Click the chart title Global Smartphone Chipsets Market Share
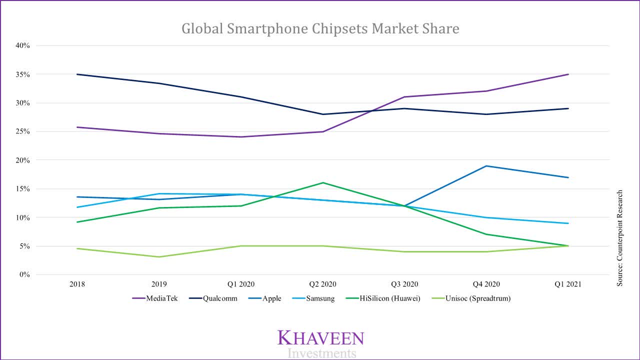(x=320, y=28)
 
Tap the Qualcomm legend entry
(x=220, y=298)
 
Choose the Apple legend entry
(x=271, y=298)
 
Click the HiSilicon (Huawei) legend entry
(x=390, y=298)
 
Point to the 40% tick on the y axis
(x=22, y=45)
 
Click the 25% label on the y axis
(x=22, y=131)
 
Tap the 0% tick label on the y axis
(x=24, y=274)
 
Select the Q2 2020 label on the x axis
(x=322, y=284)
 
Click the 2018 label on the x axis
(x=77, y=284)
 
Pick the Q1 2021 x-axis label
(x=568, y=284)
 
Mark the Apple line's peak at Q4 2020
(x=486, y=166)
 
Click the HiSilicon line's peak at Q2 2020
(x=322, y=182)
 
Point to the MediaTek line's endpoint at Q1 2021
(x=568, y=74)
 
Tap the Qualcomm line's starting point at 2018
(x=77, y=74)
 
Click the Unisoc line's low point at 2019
(x=159, y=257)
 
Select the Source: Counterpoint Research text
(x=619, y=238)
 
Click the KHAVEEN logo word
(x=320, y=338)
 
